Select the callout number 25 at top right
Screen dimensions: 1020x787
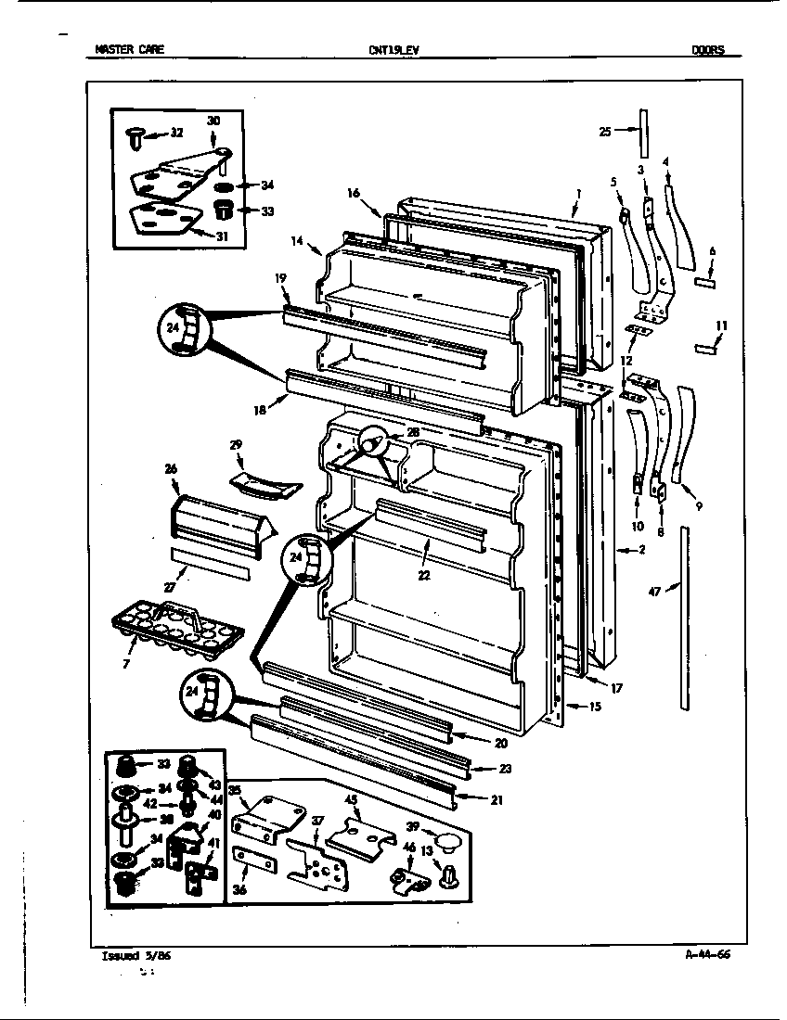tap(605, 132)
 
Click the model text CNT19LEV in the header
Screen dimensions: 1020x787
tap(393, 51)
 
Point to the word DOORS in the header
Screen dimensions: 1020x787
tap(708, 51)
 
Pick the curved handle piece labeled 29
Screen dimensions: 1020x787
tap(264, 482)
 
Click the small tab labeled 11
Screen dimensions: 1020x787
tap(708, 347)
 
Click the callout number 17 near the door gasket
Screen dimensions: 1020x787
tap(616, 688)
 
